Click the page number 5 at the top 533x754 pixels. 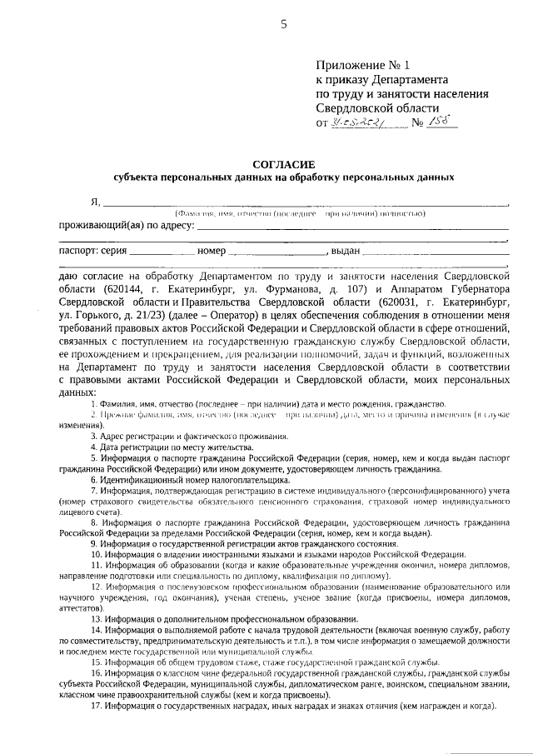click(282, 24)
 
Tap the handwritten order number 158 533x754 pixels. click(438, 121)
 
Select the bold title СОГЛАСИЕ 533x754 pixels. click(283, 164)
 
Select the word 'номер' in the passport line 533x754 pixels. click(212, 250)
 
